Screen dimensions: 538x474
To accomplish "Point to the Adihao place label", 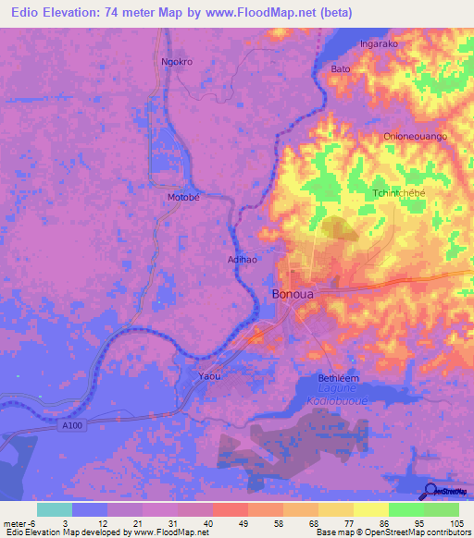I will (x=243, y=260).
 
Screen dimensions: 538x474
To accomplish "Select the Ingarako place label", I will (x=380, y=43).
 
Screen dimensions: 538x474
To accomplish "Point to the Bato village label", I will (x=341, y=69).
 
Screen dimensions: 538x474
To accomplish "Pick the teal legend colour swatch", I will (x=55, y=509).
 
